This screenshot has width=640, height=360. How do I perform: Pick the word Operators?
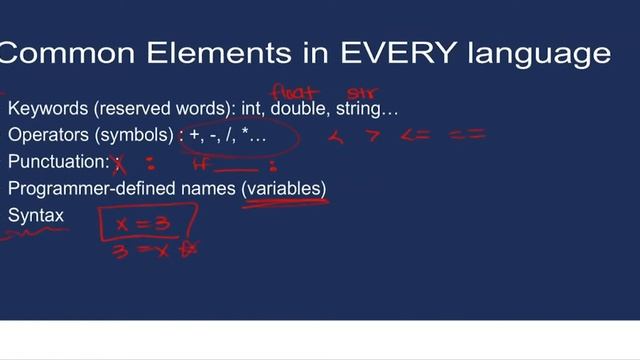(x=45, y=134)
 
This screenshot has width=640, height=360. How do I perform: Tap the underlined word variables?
(x=286, y=188)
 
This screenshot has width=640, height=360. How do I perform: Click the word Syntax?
(x=36, y=215)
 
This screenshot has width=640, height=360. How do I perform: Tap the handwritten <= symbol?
(x=415, y=134)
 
